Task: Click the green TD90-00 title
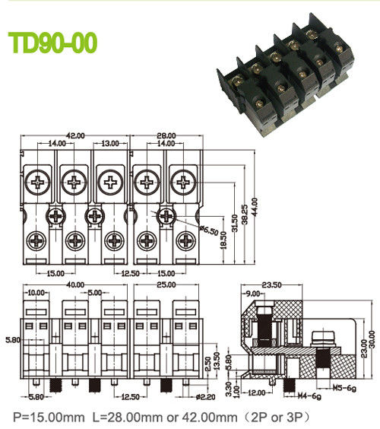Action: pos(52,43)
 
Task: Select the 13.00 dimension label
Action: pos(111,143)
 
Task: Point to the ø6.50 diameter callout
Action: pos(208,228)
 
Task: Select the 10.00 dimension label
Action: pos(36,293)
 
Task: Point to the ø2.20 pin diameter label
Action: pos(207,396)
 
